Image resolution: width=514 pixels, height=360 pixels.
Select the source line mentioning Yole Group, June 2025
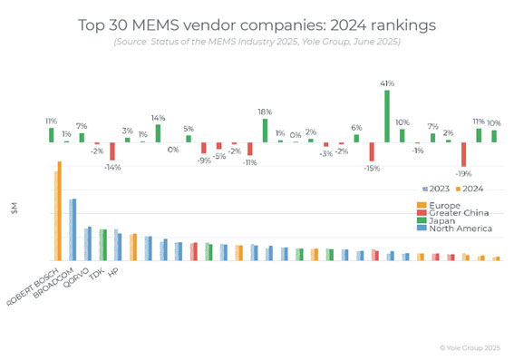pyautogui.click(x=257, y=42)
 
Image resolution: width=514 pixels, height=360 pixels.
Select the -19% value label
pyautogui.click(x=464, y=174)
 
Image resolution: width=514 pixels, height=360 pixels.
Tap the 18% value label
pyautogui.click(x=266, y=112)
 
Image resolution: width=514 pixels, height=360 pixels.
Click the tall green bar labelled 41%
pyautogui.click(x=387, y=116)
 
